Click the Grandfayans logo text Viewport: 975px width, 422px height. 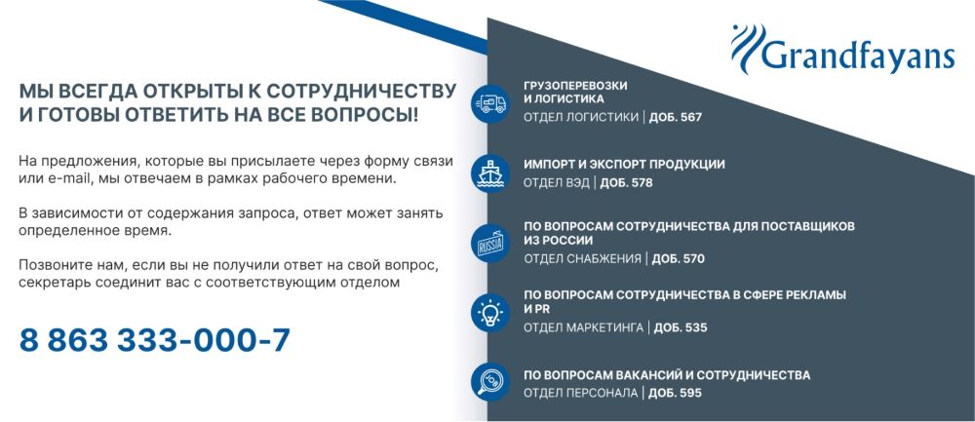(857, 56)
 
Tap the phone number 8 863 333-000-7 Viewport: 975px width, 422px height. (155, 340)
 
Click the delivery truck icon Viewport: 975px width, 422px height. (490, 103)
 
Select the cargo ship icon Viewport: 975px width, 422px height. (490, 173)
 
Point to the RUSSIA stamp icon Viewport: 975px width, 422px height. (490, 243)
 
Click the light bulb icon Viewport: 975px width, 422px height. (490, 312)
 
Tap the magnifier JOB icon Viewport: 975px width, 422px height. (490, 381)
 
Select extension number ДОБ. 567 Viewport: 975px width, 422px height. (676, 117)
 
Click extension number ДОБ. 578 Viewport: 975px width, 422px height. (626, 183)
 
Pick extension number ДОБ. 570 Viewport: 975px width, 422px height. (678, 258)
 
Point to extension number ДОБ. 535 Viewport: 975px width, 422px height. (681, 327)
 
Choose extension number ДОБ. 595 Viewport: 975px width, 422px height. (675, 393)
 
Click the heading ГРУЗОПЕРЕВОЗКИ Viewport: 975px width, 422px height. (575, 86)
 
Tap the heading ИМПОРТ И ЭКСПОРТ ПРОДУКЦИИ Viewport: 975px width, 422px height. (624, 165)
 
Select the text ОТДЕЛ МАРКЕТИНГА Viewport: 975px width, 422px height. (583, 327)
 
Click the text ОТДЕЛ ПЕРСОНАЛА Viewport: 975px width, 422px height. (581, 393)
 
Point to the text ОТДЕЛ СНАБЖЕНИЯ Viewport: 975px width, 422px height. (582, 258)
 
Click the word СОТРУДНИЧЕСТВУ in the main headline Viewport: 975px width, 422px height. (362, 91)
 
